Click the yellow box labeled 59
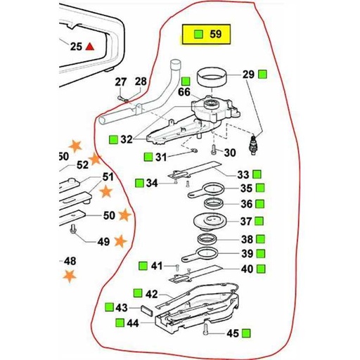[210, 34]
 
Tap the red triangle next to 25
[90, 46]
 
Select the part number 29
[247, 75]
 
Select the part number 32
[126, 139]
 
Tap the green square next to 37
[260, 221]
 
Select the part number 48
[70, 261]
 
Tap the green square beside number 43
[109, 308]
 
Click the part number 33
[243, 174]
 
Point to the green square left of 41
[143, 266]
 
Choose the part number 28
[141, 82]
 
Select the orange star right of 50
[124, 214]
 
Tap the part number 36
[245, 204]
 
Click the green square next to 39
[260, 254]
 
